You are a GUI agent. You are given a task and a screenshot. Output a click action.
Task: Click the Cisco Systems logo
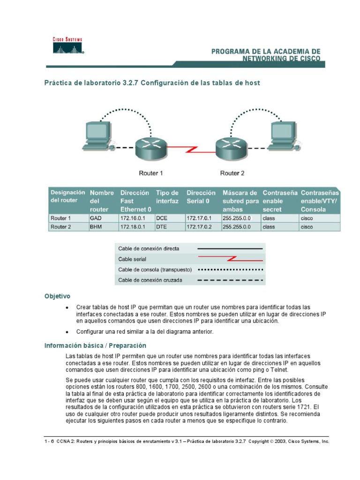[67, 46]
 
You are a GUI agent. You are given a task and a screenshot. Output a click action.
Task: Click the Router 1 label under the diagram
[151, 173]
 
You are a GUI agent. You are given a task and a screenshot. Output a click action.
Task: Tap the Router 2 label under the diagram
[232, 173]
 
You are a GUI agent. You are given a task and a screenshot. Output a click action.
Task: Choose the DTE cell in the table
[162, 227]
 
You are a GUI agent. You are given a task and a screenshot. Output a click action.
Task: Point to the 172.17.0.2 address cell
[199, 227]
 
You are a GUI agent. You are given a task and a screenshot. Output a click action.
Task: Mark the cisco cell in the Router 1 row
[307, 218]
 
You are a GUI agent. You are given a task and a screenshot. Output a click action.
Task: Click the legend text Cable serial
[132, 259]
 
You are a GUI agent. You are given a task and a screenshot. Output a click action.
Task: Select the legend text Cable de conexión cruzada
[150, 280]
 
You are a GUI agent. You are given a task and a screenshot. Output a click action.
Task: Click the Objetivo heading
[57, 296]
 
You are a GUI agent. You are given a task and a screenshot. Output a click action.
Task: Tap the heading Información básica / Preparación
[96, 345]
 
